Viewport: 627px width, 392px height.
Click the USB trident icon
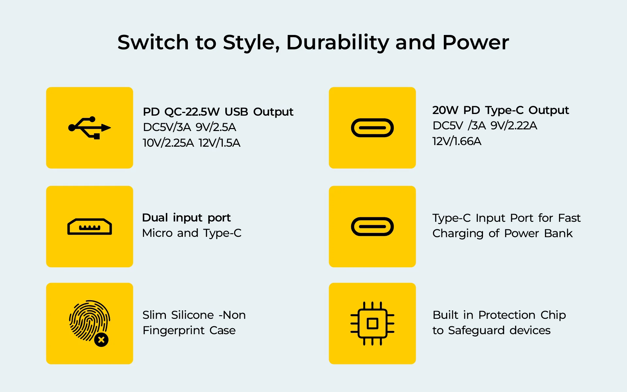(x=89, y=128)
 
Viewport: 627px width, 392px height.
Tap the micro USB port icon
(x=89, y=227)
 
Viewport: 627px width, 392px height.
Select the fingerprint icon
(x=89, y=322)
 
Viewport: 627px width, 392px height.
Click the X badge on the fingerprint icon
(x=101, y=340)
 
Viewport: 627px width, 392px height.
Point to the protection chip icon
(x=372, y=323)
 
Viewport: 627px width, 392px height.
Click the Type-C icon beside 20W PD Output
(x=372, y=128)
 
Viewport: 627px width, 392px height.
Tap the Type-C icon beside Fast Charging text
(x=372, y=227)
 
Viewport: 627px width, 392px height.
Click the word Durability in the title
(x=338, y=43)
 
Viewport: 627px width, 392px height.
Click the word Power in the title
(x=475, y=42)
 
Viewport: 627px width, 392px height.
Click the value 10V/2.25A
(x=169, y=143)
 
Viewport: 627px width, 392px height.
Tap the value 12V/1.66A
(x=457, y=141)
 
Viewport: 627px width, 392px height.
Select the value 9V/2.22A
(x=514, y=126)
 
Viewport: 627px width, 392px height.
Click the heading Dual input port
(x=186, y=218)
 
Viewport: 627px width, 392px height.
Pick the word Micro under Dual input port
(x=157, y=233)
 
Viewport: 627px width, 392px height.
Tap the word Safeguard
(x=476, y=331)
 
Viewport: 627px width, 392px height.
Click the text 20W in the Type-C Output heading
(x=445, y=110)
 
